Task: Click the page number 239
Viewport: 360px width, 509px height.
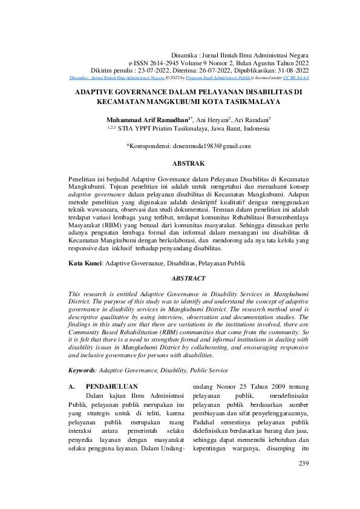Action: tap(303, 463)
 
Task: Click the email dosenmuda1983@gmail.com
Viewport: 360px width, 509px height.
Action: tap(199, 146)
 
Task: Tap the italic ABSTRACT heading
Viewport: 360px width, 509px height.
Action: tap(189, 279)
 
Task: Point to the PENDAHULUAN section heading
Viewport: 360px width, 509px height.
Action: tap(112, 386)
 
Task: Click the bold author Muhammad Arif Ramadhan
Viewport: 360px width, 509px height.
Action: tap(142, 119)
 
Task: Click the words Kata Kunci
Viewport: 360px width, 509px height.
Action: tap(83, 264)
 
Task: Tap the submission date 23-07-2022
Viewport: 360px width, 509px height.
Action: tap(154, 70)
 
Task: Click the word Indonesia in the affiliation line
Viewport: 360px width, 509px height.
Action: tap(253, 128)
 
